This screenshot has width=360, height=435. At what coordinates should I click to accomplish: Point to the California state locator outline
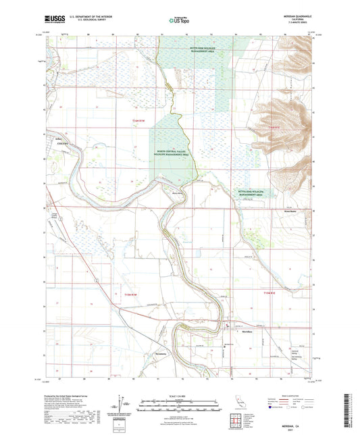tap(234, 401)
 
